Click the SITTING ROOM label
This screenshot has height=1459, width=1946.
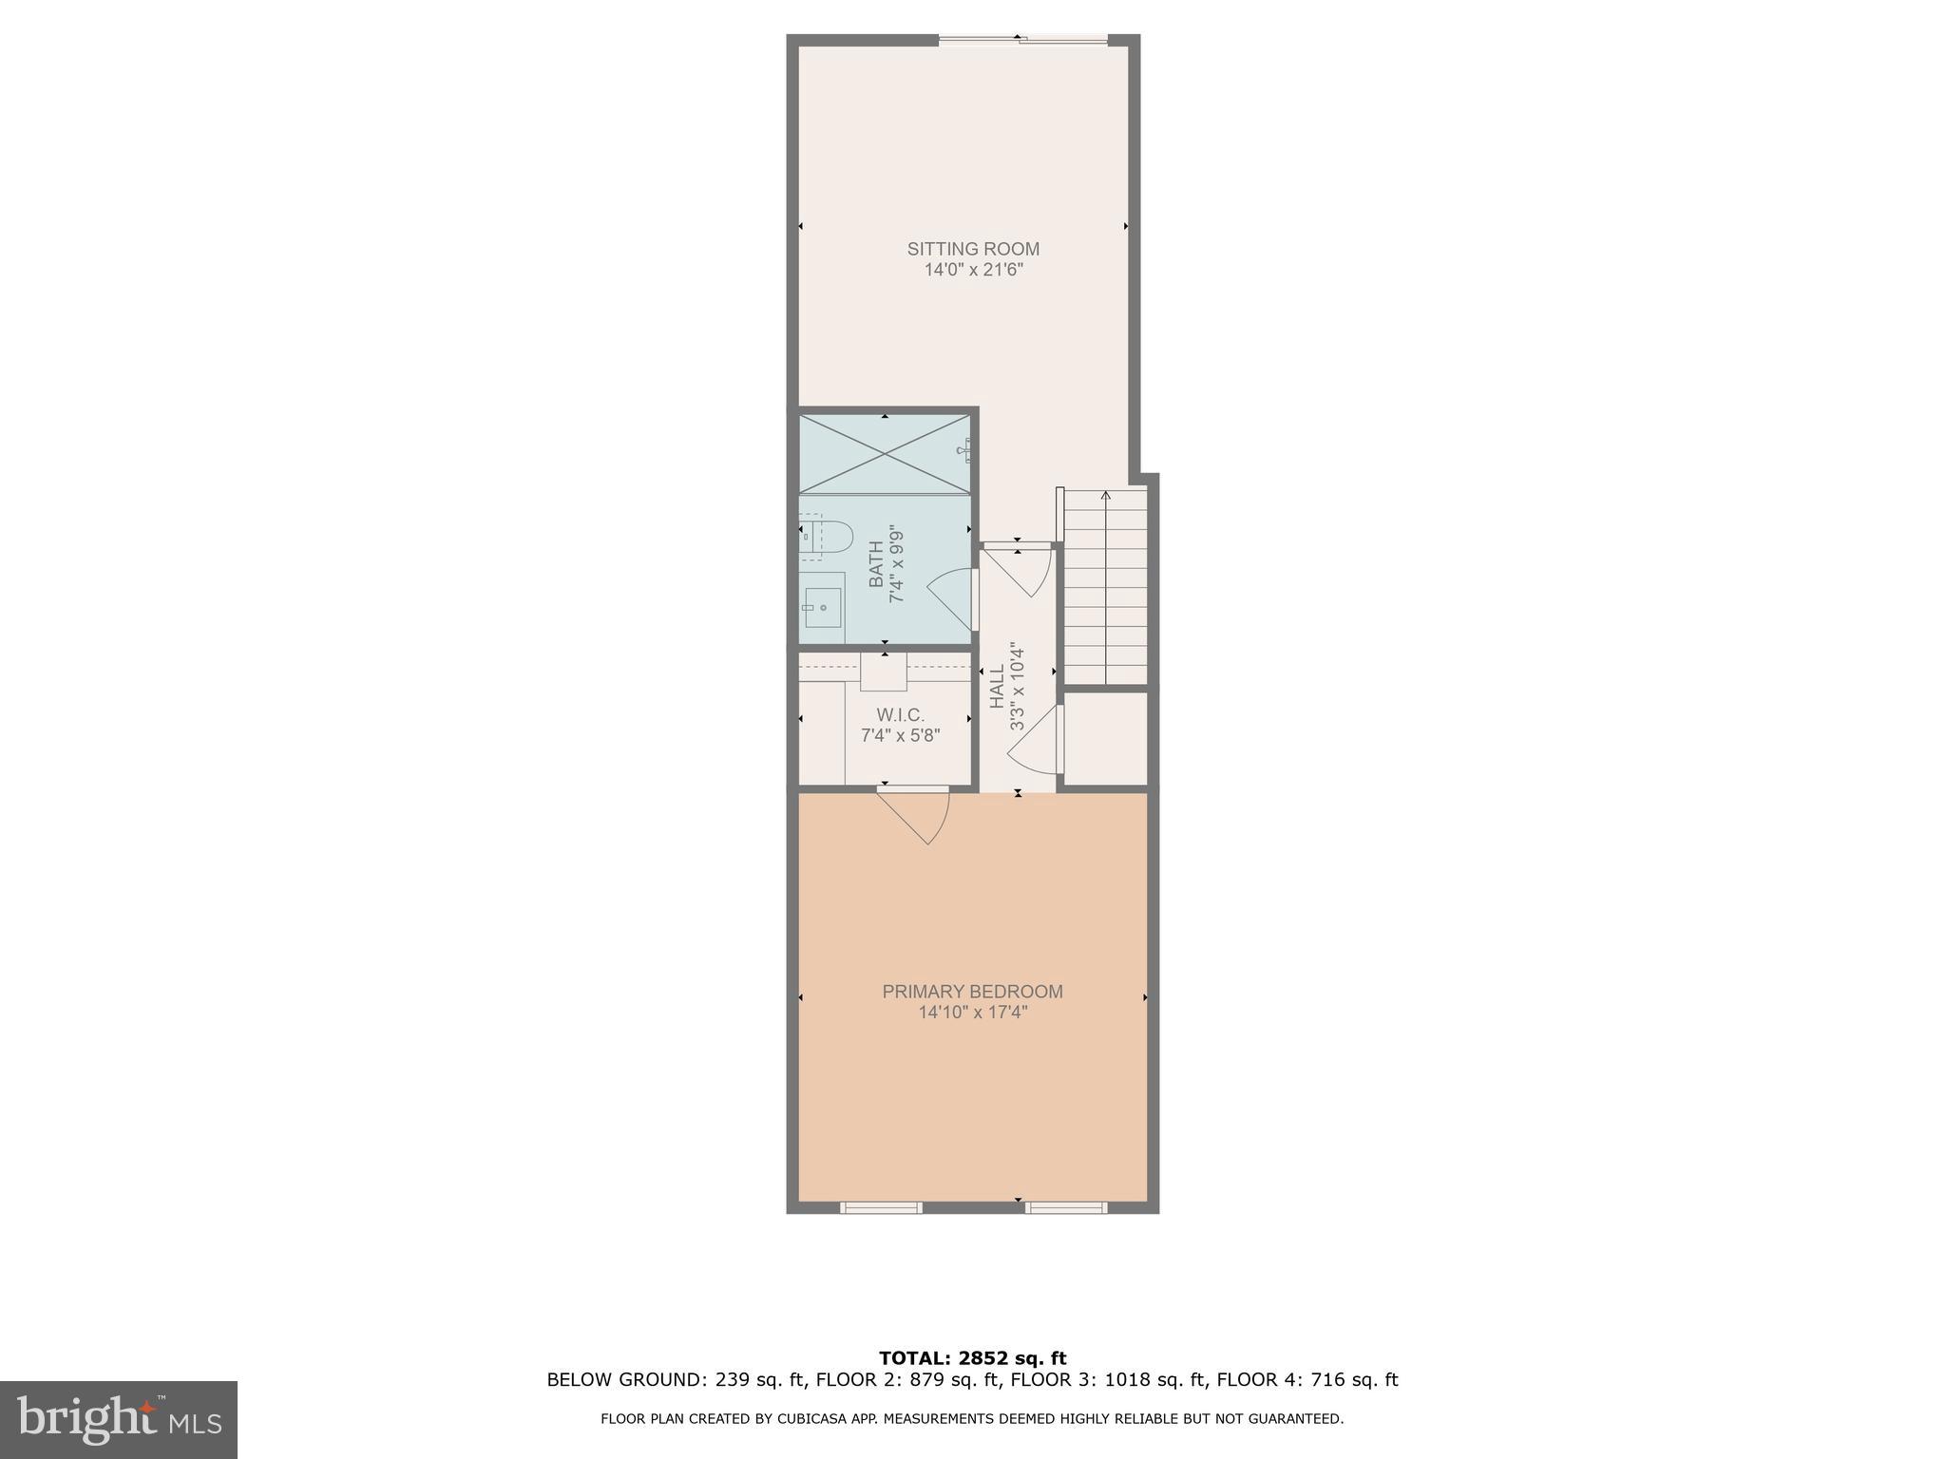[x=973, y=249]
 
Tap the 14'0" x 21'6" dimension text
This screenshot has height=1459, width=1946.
[x=973, y=270]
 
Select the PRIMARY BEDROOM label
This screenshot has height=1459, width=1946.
[x=972, y=992]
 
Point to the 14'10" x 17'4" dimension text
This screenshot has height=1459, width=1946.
[x=972, y=1013]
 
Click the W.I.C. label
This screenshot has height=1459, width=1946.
[x=900, y=714]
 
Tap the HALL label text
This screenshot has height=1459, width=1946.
[x=997, y=686]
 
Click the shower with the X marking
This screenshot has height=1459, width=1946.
[x=885, y=454]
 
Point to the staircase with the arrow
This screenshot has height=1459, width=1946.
[x=1105, y=585]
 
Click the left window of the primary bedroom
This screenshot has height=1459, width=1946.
[x=881, y=1207]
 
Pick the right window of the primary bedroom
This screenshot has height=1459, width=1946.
[x=1065, y=1207]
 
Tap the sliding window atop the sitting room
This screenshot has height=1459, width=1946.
[x=1022, y=39]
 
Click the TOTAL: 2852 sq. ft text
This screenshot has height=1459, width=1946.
[x=972, y=1358]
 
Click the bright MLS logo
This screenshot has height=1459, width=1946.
[x=119, y=1419]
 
